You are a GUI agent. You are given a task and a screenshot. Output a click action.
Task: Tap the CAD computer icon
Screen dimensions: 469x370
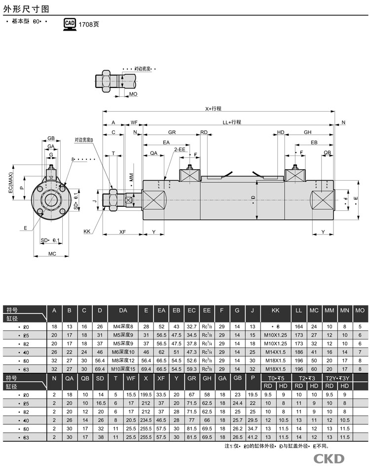point(70,23)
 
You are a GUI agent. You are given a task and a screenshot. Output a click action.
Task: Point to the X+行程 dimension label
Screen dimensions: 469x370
point(214,109)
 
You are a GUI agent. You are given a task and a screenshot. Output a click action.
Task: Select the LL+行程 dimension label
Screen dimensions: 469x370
point(231,122)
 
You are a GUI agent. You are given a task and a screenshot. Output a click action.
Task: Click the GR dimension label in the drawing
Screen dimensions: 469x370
point(172,132)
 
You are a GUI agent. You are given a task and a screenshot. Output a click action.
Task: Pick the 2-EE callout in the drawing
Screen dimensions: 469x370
point(180,149)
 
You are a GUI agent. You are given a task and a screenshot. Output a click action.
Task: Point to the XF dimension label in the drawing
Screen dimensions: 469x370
point(122,231)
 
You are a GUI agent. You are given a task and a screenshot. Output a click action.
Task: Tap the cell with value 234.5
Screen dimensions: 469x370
point(146,420)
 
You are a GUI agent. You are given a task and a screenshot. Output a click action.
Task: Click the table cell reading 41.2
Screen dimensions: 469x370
point(253,437)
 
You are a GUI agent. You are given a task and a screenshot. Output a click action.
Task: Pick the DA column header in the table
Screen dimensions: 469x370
point(123,310)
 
